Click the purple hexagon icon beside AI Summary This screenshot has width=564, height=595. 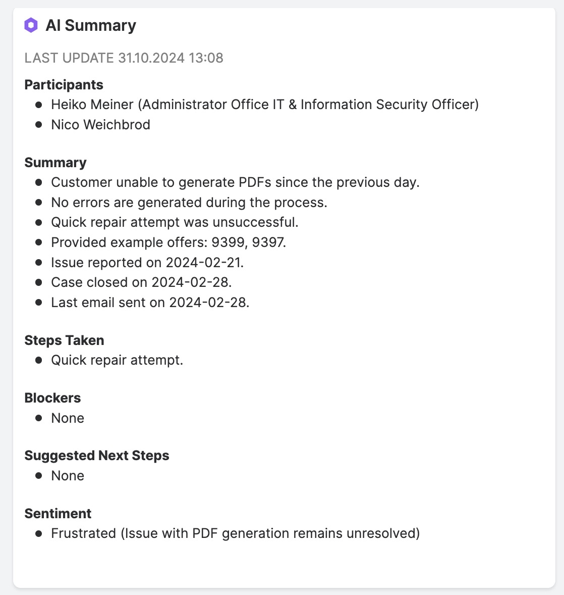pyautogui.click(x=31, y=25)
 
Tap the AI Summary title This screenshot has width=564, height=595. pyautogui.click(x=91, y=25)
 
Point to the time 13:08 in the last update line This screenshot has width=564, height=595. pyautogui.click(x=206, y=58)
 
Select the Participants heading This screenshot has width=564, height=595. pyautogui.click(x=64, y=85)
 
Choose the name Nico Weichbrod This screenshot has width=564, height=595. pyautogui.click(x=100, y=125)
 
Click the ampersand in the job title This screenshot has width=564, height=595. pyautogui.click(x=293, y=105)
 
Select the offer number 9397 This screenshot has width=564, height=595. pyautogui.click(x=269, y=242)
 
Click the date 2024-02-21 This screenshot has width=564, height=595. pyautogui.click(x=204, y=263)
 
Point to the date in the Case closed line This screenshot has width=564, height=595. pyautogui.click(x=191, y=282)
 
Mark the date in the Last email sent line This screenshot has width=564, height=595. pyautogui.click(x=209, y=303)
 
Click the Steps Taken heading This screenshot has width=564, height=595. pyautogui.click(x=64, y=340)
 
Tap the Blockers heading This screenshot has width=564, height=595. pyautogui.click(x=52, y=398)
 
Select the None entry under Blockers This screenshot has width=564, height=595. pyautogui.click(x=68, y=418)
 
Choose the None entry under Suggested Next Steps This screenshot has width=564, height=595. pyautogui.click(x=68, y=476)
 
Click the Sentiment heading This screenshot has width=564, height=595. pyautogui.click(x=58, y=514)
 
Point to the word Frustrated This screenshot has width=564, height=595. pyautogui.click(x=83, y=533)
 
